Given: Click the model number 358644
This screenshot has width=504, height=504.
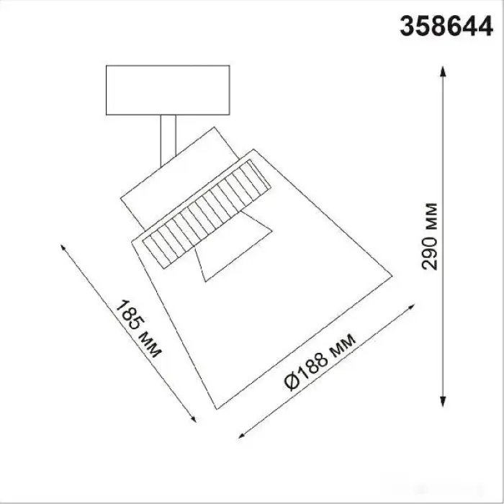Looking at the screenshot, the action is [x=446, y=27].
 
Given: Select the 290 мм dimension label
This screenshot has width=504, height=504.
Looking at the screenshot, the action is [x=429, y=236].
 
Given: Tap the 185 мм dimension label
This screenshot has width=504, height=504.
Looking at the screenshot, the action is [x=138, y=329].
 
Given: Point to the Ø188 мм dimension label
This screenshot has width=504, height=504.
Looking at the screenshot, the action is [x=320, y=362].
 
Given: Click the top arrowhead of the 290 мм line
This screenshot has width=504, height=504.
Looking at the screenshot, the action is [x=443, y=71].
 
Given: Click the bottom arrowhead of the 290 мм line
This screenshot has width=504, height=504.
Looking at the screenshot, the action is [x=443, y=401].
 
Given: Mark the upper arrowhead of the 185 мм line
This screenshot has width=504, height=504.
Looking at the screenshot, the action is [x=63, y=248].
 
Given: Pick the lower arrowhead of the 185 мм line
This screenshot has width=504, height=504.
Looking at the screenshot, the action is [x=194, y=419].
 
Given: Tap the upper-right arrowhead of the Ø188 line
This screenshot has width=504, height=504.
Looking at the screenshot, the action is [x=411, y=306].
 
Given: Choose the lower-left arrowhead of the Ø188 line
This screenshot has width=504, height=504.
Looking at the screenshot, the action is [x=242, y=436].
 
